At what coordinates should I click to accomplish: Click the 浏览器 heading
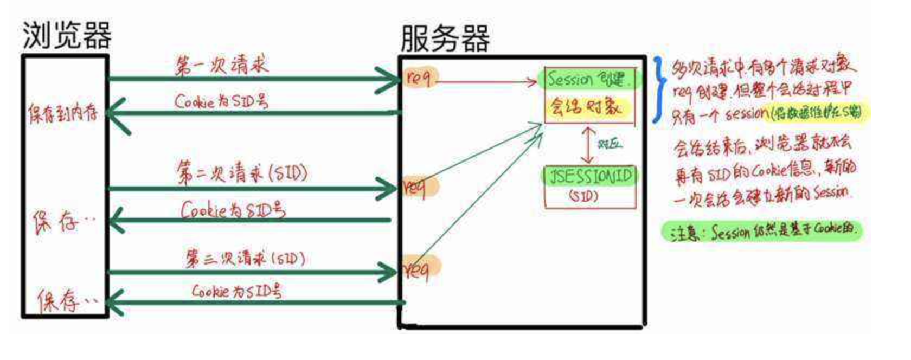tap(67, 35)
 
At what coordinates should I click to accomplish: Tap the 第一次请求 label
tap(221, 66)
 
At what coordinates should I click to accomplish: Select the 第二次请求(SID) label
tap(242, 173)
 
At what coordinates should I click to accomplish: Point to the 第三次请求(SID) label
tap(245, 258)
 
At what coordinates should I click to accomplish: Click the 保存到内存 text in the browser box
tap(63, 113)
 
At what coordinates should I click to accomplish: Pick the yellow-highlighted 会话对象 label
tap(586, 107)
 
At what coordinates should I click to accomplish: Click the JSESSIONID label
tap(590, 176)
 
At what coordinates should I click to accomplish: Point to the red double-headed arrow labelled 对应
tap(588, 145)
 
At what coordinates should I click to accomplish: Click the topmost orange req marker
tap(419, 78)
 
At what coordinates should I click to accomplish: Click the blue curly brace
tap(659, 89)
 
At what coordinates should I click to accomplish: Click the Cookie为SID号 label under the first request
tap(221, 101)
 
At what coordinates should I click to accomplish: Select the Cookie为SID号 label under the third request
tap(236, 291)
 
